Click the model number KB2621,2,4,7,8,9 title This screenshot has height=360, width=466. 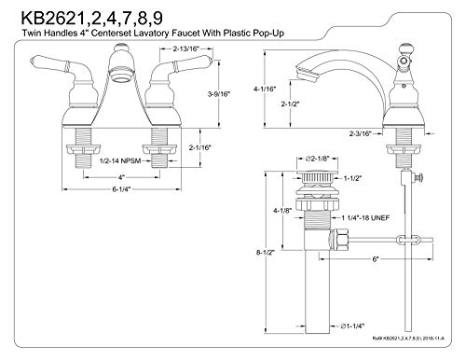[92, 19]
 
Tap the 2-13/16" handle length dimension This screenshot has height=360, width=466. [185, 48]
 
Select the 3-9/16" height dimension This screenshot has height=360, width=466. [219, 93]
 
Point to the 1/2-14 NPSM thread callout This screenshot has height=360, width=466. [120, 160]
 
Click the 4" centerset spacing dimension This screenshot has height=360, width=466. [121, 177]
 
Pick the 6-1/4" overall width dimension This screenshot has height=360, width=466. [121, 189]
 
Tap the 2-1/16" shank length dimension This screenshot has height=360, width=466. [200, 147]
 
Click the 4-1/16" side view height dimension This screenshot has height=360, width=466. [265, 89]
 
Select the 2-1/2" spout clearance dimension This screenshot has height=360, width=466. [290, 104]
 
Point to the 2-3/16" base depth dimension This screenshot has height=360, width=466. [361, 133]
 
